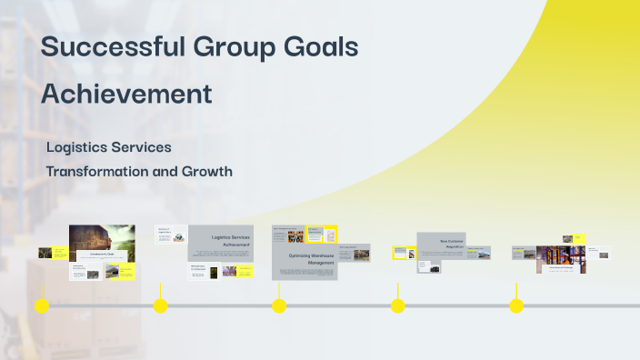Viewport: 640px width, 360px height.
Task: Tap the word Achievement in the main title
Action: pyautogui.click(x=127, y=93)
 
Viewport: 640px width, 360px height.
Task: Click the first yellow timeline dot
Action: pyautogui.click(x=42, y=306)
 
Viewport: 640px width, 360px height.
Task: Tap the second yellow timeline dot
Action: pyautogui.click(x=161, y=306)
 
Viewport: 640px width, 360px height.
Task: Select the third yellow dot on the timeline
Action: pyautogui.click(x=279, y=306)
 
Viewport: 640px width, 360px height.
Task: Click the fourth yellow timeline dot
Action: pyautogui.click(x=398, y=306)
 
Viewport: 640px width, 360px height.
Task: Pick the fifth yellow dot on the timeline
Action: pyautogui.click(x=516, y=306)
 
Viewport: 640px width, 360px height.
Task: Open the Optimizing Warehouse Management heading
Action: pyautogui.click(x=304, y=260)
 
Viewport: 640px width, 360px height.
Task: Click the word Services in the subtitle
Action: pyautogui.click(x=143, y=146)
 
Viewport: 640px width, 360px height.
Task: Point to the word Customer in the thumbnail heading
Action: pyautogui.click(x=456, y=241)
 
